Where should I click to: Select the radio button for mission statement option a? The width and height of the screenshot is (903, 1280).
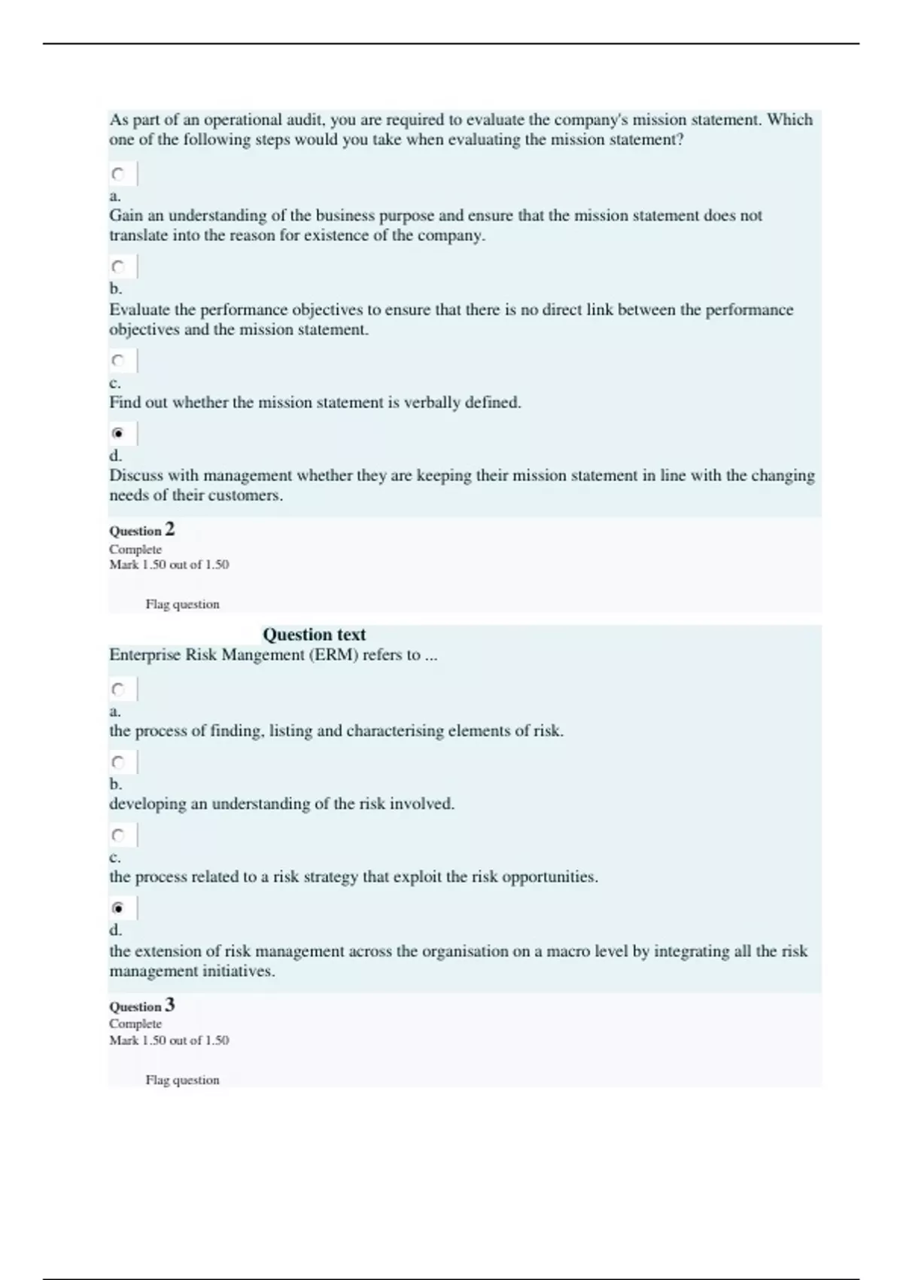pyautogui.click(x=118, y=175)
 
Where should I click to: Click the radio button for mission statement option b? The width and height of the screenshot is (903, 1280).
pyautogui.click(x=118, y=267)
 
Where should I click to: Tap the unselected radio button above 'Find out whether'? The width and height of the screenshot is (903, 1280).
pyautogui.click(x=118, y=361)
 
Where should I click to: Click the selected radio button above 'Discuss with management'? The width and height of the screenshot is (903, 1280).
pyautogui.click(x=118, y=434)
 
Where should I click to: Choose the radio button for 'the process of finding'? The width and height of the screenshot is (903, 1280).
pyautogui.click(x=118, y=689)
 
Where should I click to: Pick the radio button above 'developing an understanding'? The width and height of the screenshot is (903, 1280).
pyautogui.click(x=118, y=762)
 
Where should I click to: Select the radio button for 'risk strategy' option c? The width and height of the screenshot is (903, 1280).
pyautogui.click(x=118, y=835)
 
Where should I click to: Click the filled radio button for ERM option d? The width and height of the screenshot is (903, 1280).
pyautogui.click(x=118, y=908)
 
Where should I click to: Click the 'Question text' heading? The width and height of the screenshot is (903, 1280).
pyautogui.click(x=314, y=635)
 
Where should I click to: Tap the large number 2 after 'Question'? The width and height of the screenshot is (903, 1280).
pyautogui.click(x=170, y=529)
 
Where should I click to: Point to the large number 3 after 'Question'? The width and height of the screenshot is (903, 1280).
pyautogui.click(x=170, y=1004)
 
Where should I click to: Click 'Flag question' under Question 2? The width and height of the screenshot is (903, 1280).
pyautogui.click(x=182, y=604)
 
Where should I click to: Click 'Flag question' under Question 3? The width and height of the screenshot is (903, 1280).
pyautogui.click(x=182, y=1080)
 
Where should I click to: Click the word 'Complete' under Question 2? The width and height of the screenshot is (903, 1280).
pyautogui.click(x=135, y=550)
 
